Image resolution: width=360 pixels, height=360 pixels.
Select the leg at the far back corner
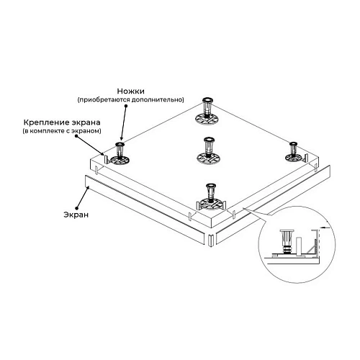click(205, 112)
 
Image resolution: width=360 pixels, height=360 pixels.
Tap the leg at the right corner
click(294, 152)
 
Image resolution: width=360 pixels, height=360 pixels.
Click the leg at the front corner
click(210, 194)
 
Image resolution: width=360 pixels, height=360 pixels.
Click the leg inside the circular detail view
click(286, 240)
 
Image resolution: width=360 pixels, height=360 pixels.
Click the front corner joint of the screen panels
click(210, 238)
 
